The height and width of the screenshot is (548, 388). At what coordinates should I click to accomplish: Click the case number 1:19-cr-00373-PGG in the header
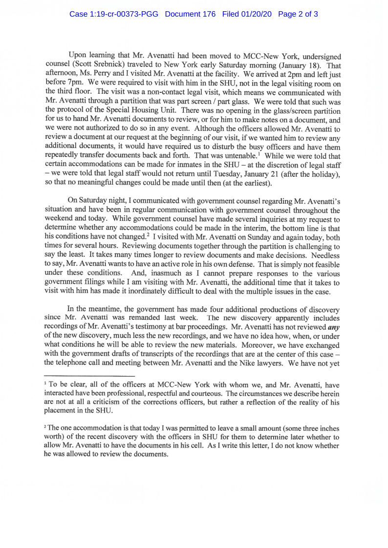pyautogui.click(x=113, y=14)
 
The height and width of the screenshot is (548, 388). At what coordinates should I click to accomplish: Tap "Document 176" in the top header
pyautogui.click(x=190, y=14)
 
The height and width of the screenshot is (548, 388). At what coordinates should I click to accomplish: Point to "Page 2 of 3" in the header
pyautogui.click(x=298, y=14)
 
